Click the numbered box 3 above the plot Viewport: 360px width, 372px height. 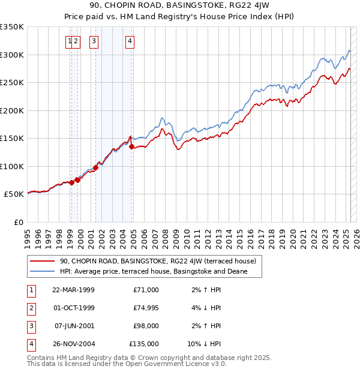(94, 41)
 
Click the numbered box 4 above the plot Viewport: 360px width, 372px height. (130, 41)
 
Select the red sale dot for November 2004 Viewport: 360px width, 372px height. (131, 146)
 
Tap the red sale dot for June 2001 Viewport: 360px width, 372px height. (95, 168)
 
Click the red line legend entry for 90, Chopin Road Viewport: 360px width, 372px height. (158, 261)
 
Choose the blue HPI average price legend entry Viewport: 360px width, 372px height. (153, 271)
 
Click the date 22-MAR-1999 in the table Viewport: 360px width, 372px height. (74, 290)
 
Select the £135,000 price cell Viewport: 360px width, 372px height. (145, 344)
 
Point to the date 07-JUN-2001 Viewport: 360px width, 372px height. (74, 326)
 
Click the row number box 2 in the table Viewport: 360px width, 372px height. (31, 308)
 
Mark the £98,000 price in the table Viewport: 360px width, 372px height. (146, 326)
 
